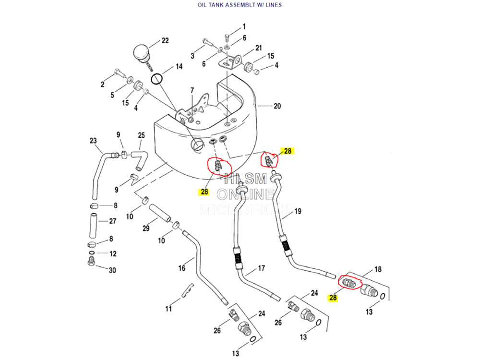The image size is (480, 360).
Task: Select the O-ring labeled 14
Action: (157, 78)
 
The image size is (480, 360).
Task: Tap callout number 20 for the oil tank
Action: (277, 106)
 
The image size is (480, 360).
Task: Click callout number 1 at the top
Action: (244, 26)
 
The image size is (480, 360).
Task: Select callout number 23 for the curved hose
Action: (93, 141)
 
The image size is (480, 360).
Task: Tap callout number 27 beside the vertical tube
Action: (112, 221)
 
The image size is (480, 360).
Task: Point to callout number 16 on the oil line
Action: (182, 268)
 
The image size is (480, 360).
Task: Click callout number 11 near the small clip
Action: (168, 309)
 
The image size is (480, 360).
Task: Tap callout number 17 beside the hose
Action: (262, 268)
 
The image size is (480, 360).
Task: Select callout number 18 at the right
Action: (378, 269)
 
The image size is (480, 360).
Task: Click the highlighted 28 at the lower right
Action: (332, 298)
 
